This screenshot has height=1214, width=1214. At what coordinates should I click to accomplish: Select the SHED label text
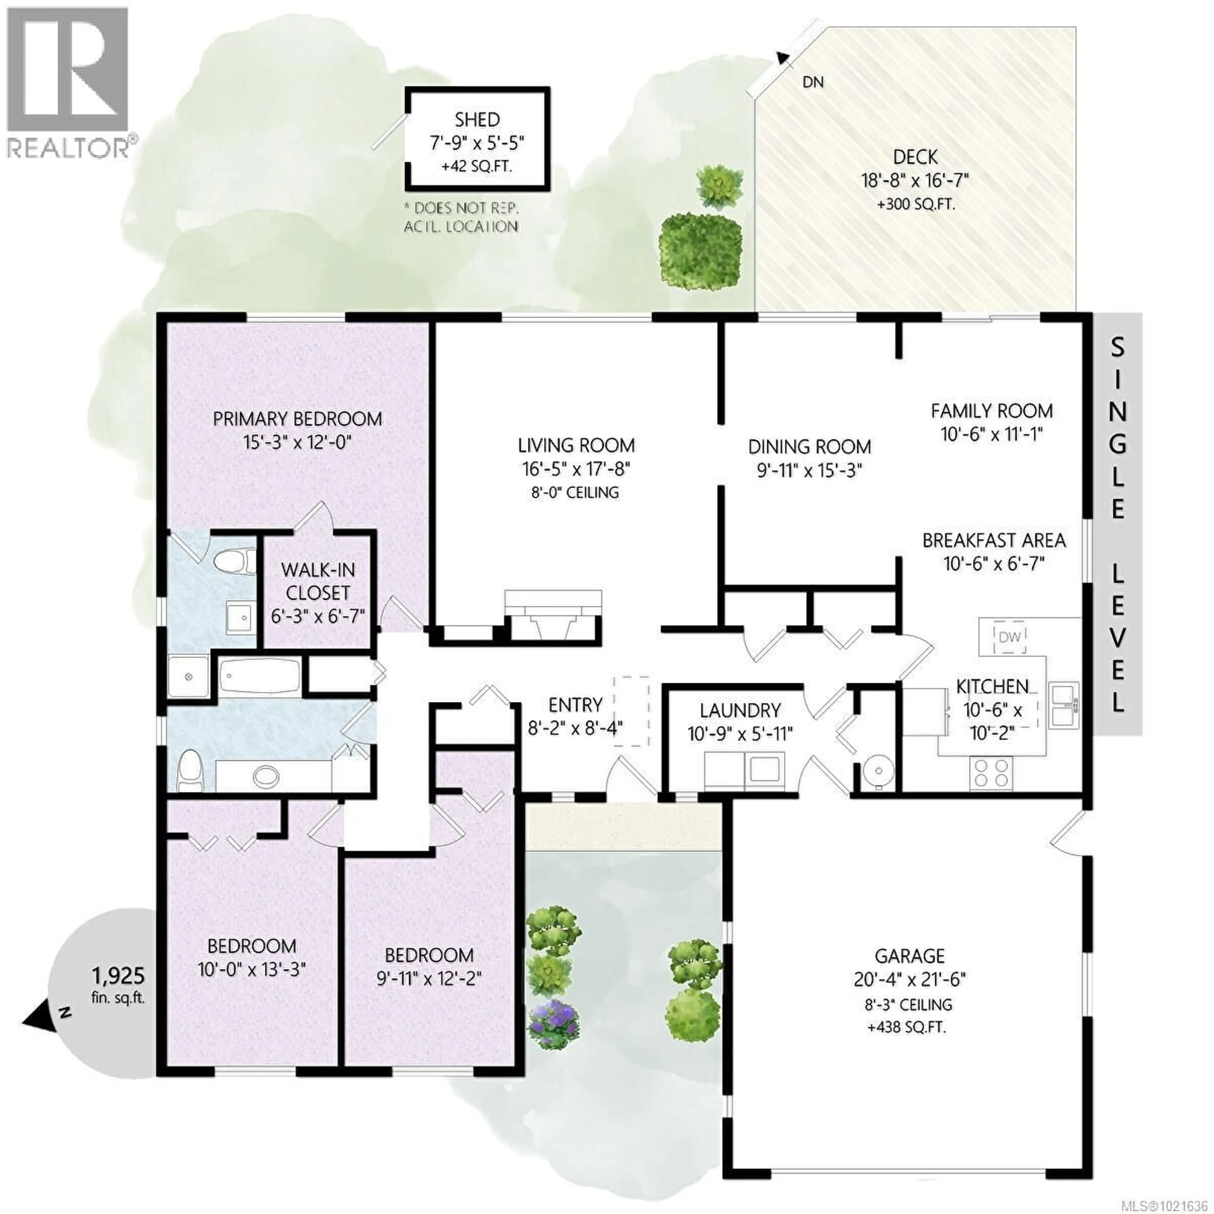click(478, 120)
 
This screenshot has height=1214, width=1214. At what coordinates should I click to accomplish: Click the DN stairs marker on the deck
click(813, 82)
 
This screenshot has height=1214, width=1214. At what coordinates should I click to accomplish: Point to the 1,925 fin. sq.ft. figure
click(118, 976)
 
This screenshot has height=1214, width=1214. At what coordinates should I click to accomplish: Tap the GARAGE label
click(909, 956)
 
